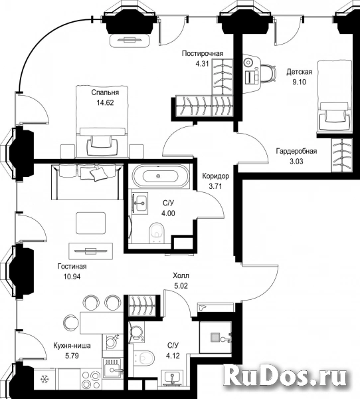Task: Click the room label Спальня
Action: pyautogui.click(x=105, y=92)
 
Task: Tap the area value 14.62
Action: pyautogui.click(x=105, y=103)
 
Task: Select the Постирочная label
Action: pyautogui.click(x=203, y=53)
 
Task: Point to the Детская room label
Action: pyautogui.click(x=300, y=72)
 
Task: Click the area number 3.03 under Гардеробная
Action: pyautogui.click(x=296, y=162)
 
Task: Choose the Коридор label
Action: pyautogui.click(x=216, y=176)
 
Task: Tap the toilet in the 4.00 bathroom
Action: pyautogui.click(x=157, y=232)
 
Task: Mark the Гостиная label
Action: pyautogui.click(x=72, y=267)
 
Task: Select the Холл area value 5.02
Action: pyautogui.click(x=181, y=286)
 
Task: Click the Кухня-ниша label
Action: pyautogui.click(x=72, y=346)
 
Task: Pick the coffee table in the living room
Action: pyautogui.click(x=90, y=223)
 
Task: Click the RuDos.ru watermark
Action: pyautogui.click(x=285, y=376)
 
